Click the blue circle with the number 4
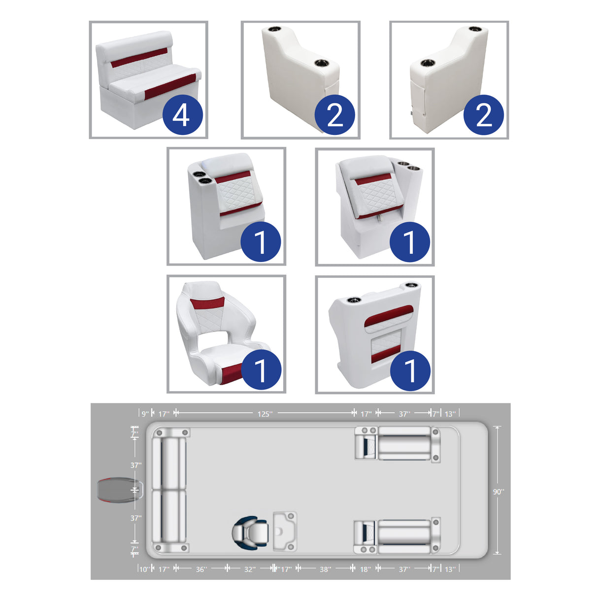[x=181, y=115]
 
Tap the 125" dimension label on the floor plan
[x=265, y=414]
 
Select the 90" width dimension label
[x=498, y=492]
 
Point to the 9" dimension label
[x=145, y=414]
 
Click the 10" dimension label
[x=144, y=569]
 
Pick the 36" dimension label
[x=201, y=569]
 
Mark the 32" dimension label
[x=250, y=569]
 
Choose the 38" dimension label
[x=325, y=569]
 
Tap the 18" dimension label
[x=365, y=569]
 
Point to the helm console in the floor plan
[x=285, y=531]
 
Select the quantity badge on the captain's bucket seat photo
[x=261, y=370]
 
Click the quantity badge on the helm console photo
[x=410, y=370]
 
